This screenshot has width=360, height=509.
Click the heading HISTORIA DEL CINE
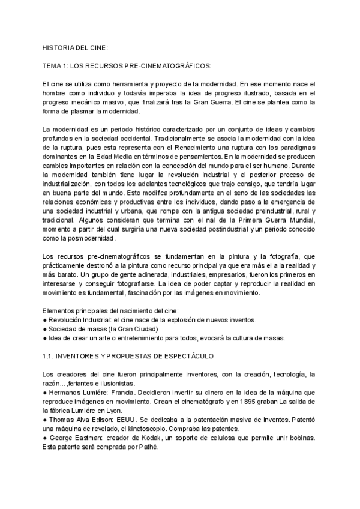[x=75, y=46]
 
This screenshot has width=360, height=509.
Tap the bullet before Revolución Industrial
[x=44, y=319]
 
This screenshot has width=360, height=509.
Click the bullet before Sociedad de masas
[x=44, y=329]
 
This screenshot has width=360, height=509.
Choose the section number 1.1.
[x=48, y=357]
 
